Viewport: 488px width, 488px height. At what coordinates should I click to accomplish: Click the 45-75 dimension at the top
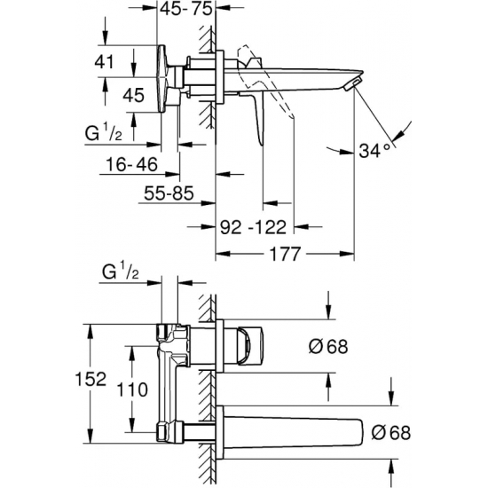tap(186, 9)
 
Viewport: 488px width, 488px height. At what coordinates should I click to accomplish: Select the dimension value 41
tap(105, 61)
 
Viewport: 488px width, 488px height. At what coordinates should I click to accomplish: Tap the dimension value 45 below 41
tap(133, 95)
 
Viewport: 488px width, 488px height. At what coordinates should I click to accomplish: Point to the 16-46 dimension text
tap(132, 164)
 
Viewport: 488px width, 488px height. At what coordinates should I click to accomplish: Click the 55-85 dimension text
tap(169, 193)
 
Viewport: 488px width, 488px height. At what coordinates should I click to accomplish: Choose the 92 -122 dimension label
tap(253, 227)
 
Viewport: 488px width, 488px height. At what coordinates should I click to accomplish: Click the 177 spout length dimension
tap(285, 255)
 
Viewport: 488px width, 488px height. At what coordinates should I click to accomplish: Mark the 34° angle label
tap(374, 151)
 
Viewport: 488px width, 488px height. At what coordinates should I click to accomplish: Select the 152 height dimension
tap(91, 379)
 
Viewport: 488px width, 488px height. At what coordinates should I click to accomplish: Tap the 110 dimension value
tap(132, 390)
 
